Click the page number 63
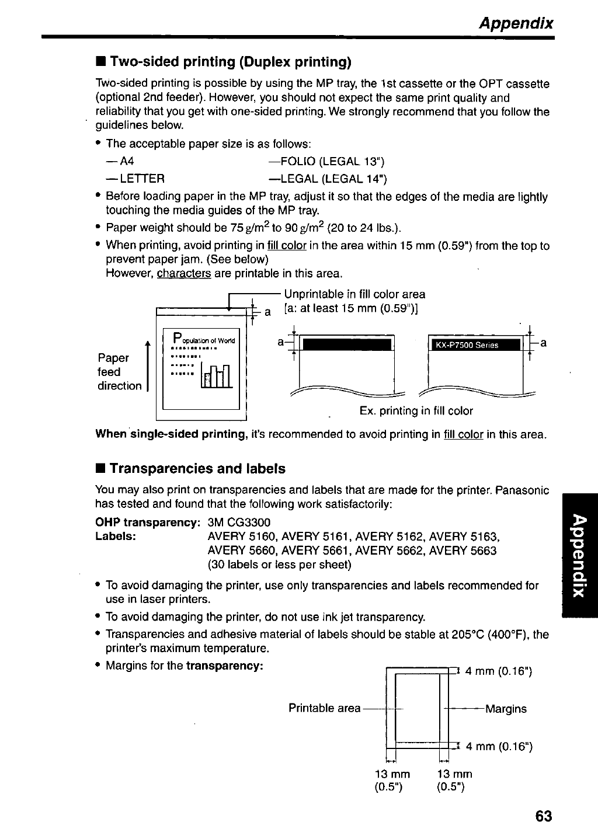543,816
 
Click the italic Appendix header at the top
515,23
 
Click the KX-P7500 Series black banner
474,345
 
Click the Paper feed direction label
119,372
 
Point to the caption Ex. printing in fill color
416,411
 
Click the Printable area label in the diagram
324,708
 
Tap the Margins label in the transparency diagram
506,709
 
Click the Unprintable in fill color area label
354,294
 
